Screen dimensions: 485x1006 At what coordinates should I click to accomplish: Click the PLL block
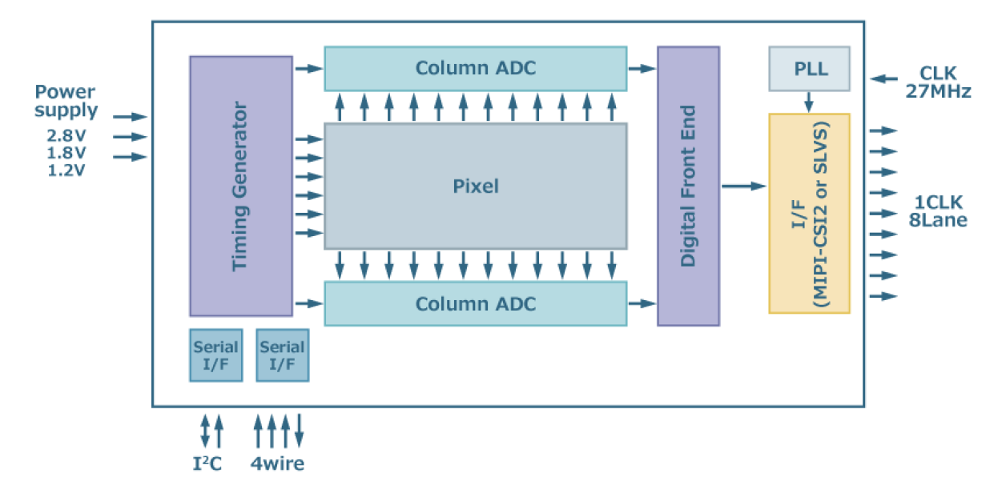point(809,68)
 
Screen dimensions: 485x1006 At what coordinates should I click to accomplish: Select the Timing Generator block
point(240,186)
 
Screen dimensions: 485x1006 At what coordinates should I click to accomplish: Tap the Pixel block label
point(475,186)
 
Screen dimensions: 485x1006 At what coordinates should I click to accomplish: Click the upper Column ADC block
point(475,68)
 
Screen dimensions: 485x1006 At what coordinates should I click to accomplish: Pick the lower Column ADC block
point(475,304)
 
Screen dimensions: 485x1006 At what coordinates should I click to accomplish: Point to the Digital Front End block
point(688,186)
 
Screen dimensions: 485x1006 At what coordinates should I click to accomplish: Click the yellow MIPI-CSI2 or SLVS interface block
point(809,213)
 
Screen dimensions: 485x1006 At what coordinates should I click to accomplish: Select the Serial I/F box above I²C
point(215,355)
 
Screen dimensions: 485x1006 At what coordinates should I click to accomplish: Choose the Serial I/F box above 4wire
point(282,355)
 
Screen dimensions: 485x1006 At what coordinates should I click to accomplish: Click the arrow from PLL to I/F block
point(809,102)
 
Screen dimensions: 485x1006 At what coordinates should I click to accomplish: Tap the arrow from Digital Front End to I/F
point(743,186)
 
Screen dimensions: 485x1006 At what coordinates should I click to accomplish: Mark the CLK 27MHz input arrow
point(884,78)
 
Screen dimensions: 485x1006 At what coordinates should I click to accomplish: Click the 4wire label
point(277,463)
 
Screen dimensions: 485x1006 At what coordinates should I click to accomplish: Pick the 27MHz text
point(938,92)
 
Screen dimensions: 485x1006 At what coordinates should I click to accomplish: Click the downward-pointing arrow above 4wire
point(300,431)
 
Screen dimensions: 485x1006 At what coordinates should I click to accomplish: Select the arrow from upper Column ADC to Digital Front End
point(642,69)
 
